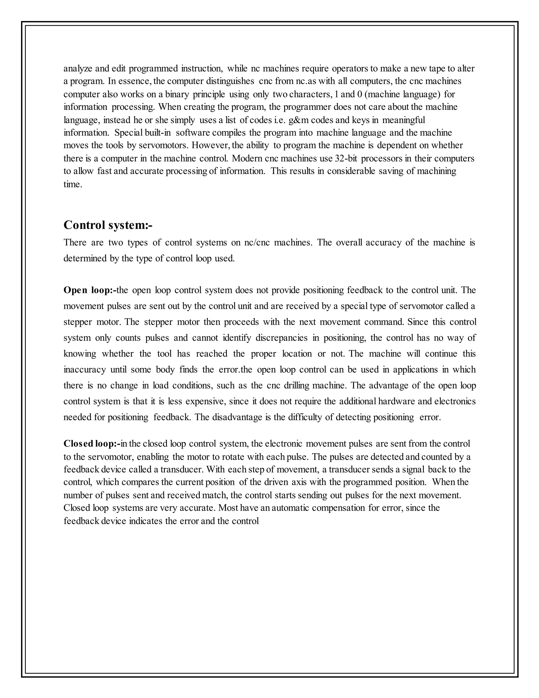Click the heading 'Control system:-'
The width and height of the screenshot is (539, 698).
click(x=108, y=225)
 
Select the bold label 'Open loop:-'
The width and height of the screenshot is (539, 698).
click(x=90, y=290)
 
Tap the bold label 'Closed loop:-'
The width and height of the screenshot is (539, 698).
click(x=92, y=444)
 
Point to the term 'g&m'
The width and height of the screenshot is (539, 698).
click(x=298, y=120)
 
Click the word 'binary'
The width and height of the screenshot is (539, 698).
click(x=177, y=94)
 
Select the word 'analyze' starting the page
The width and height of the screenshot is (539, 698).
click(x=78, y=68)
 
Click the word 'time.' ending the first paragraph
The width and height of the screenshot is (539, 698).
click(x=73, y=184)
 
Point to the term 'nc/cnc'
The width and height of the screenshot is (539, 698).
click(x=257, y=243)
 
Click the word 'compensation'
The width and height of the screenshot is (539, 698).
click(x=338, y=508)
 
